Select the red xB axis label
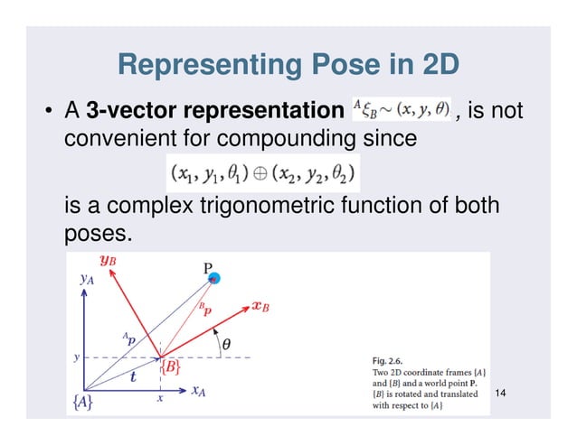coord(260,306)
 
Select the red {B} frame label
coord(172,367)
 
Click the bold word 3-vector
coord(136,113)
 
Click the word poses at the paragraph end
coord(99,236)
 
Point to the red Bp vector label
coord(207,308)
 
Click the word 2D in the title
coord(435,66)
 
